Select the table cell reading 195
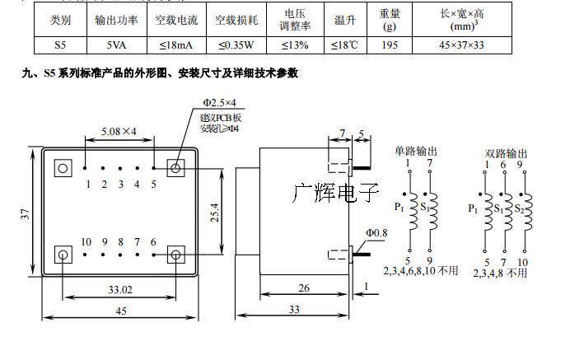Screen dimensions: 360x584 tap(390, 44)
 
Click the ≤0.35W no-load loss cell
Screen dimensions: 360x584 tap(236, 44)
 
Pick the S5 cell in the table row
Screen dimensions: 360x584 tap(60, 44)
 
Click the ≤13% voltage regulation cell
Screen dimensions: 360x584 tap(295, 44)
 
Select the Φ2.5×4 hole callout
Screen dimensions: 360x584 tap(219, 102)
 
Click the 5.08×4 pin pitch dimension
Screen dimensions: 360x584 tap(119, 129)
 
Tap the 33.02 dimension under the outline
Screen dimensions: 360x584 tap(119, 289)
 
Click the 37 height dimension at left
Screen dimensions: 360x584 tap(26, 214)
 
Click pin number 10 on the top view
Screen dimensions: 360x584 tap(86, 241)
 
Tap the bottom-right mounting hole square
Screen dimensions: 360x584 tap(175, 253)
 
